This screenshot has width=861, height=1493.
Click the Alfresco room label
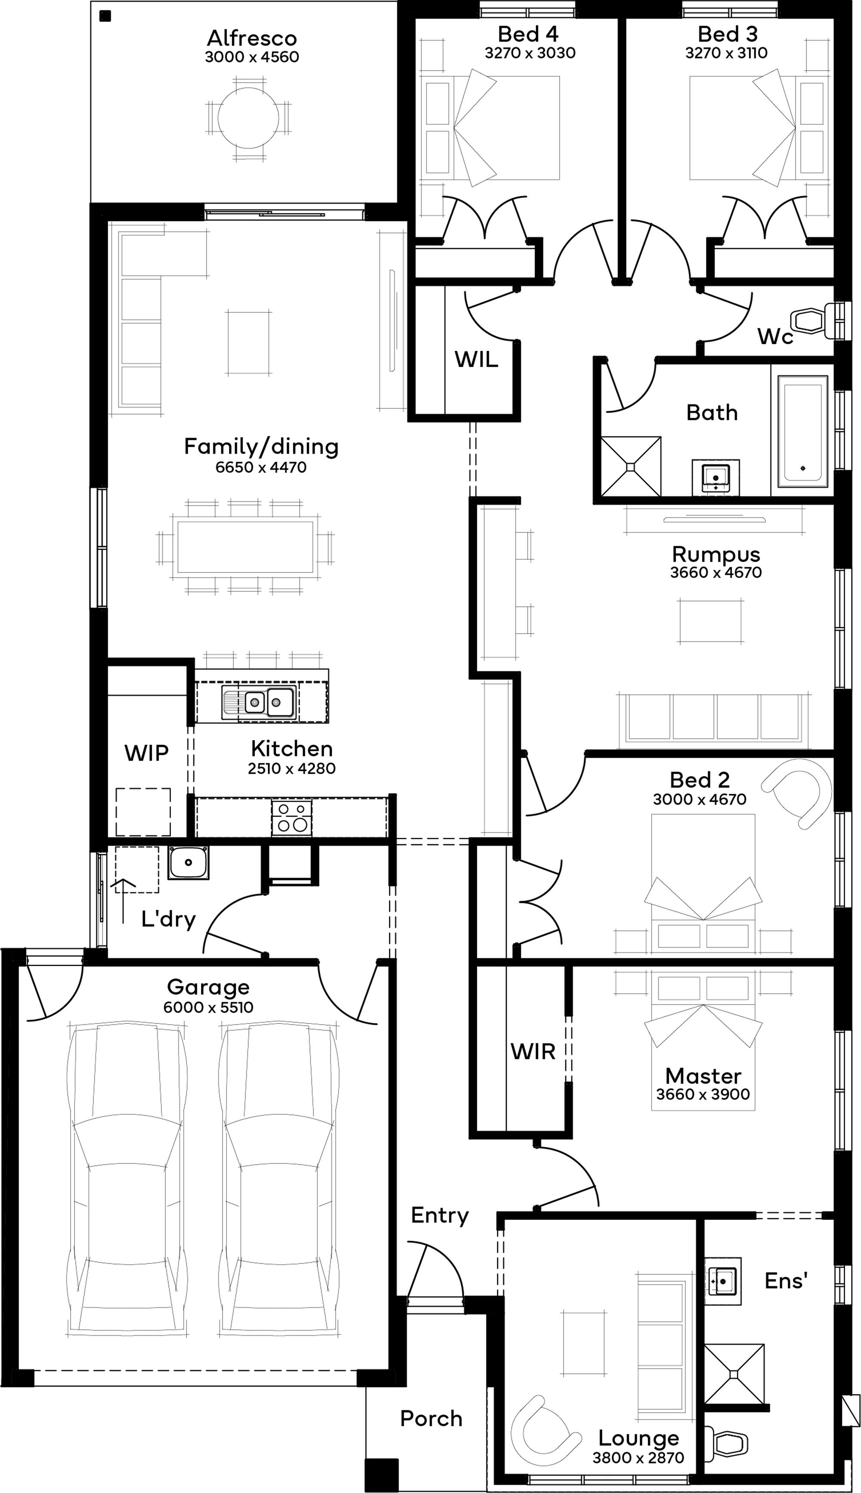point(252,38)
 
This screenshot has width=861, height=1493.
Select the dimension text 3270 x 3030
point(530,53)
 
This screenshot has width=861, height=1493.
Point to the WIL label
point(476,359)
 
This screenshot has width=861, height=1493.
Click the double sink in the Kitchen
point(258,702)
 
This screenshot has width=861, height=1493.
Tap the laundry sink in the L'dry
point(188,862)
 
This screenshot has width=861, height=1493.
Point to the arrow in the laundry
point(124,900)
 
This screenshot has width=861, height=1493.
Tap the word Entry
point(440,1215)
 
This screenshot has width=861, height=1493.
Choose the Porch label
point(431,1418)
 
